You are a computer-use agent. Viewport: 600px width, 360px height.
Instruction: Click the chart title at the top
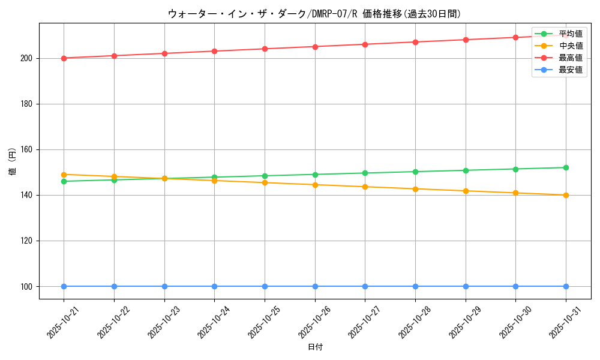314,14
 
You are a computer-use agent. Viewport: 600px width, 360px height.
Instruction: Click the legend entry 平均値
571,34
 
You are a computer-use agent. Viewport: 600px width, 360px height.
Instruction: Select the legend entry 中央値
571,46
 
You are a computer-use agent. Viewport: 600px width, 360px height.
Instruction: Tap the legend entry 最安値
571,70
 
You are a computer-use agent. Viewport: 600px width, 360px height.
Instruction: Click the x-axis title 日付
315,347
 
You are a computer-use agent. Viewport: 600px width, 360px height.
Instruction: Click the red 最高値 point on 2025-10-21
64,58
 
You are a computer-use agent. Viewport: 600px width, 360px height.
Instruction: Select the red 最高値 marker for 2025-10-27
365,44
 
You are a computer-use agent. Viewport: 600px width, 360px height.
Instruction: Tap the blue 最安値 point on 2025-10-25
265,286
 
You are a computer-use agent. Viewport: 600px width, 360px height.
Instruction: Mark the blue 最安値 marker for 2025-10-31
566,286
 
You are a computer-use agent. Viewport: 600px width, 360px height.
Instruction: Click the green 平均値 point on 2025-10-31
566,167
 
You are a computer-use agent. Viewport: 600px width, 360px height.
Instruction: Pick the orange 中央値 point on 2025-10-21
64,175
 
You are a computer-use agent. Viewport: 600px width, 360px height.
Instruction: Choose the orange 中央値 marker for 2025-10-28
415,189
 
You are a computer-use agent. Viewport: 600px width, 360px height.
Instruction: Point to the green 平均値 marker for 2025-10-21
64,181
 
